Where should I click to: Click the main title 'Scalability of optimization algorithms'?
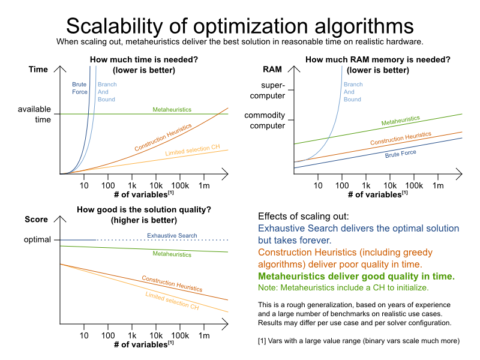click(x=239, y=26)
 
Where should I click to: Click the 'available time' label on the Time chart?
click(x=34, y=114)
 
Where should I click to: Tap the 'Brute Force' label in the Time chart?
click(x=79, y=88)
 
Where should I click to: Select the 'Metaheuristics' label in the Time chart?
click(x=172, y=110)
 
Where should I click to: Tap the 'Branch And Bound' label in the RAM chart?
click(x=352, y=92)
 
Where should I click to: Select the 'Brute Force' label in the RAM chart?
click(x=400, y=154)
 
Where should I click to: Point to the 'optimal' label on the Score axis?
click(x=38, y=239)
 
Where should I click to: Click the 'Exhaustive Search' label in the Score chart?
click(x=172, y=235)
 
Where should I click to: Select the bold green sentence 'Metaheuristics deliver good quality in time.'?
click(x=356, y=277)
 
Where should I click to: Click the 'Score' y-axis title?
click(x=36, y=219)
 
